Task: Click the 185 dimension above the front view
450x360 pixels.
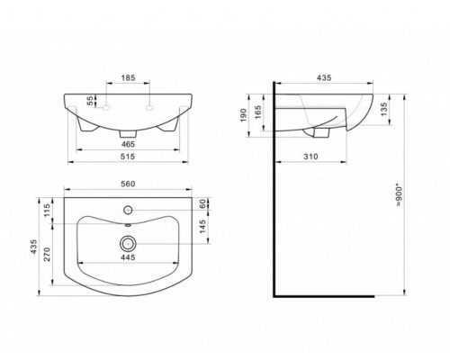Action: tap(128, 77)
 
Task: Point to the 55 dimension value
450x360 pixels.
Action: tap(90, 102)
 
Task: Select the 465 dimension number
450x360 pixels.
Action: tap(128, 144)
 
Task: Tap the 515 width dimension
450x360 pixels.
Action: tap(128, 157)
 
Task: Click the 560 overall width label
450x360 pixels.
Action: tap(128, 184)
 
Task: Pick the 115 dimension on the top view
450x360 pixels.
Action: tap(47, 211)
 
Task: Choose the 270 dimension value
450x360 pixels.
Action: tap(48, 255)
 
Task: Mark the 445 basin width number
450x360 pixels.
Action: tap(128, 257)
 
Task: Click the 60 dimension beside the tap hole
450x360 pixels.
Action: tap(202, 203)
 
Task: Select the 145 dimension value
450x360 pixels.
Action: tap(202, 227)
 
